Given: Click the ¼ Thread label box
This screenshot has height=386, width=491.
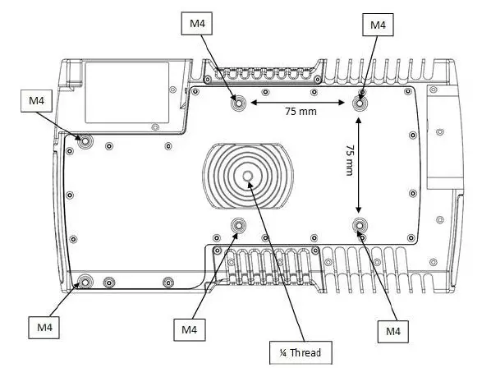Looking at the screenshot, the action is click(x=301, y=353).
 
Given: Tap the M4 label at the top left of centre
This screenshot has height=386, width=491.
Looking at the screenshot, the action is click(x=197, y=24).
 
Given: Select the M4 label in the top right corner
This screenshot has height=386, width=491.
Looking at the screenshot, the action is click(x=378, y=25).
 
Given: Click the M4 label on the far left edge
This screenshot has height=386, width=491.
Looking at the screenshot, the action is click(x=37, y=100).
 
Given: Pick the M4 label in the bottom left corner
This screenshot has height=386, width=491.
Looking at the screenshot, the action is click(x=44, y=328).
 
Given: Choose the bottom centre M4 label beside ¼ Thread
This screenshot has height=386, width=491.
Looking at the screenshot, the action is click(x=190, y=329).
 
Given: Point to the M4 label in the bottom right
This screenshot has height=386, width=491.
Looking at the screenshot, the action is click(x=393, y=331).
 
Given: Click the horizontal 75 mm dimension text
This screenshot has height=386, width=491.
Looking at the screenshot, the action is click(x=301, y=111).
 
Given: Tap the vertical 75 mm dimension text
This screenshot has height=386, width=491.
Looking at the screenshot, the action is click(x=350, y=160).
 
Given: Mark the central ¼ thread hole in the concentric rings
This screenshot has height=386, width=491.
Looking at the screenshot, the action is click(x=248, y=177).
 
